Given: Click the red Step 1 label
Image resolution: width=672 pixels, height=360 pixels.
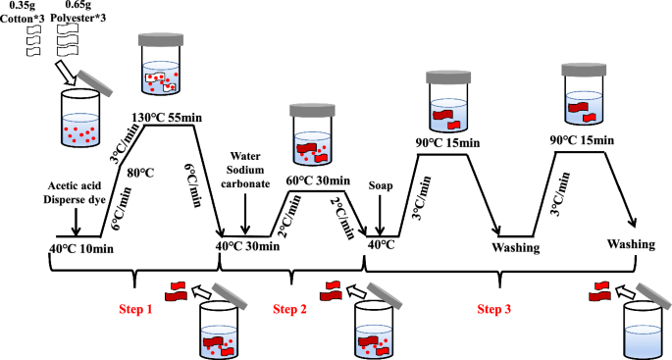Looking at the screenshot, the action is point(135,309).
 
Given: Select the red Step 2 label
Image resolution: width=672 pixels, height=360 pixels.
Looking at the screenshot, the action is point(290,309).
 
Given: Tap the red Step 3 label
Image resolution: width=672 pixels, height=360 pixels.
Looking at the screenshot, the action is point(494,309).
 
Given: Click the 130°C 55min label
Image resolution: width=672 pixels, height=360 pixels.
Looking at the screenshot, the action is point(167,118).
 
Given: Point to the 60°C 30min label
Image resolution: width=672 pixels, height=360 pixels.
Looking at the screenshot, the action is point(318,180).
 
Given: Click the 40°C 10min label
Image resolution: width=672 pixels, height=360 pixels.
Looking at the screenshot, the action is point(81,248).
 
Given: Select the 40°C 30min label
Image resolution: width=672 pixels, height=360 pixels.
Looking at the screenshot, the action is point(247,246).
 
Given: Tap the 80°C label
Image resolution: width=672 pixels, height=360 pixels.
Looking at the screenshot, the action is point(140,174).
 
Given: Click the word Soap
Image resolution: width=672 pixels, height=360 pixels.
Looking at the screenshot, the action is point(381,186).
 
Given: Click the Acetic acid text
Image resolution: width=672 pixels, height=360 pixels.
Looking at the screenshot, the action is point(75,185).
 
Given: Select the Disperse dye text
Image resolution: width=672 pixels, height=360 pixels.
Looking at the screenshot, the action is point(75,200).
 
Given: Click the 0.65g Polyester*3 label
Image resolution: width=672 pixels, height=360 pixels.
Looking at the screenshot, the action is point(78,12).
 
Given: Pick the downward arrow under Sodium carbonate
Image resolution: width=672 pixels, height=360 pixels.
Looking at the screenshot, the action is point(245,214).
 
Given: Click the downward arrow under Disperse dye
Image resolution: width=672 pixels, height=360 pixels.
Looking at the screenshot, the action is point(76,222).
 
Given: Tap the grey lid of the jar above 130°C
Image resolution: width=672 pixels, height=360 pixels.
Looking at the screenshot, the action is point(161,40).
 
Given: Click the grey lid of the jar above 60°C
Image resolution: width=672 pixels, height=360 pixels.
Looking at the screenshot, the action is point(312,110).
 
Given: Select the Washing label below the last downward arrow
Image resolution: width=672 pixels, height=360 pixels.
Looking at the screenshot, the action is point(631,244).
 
